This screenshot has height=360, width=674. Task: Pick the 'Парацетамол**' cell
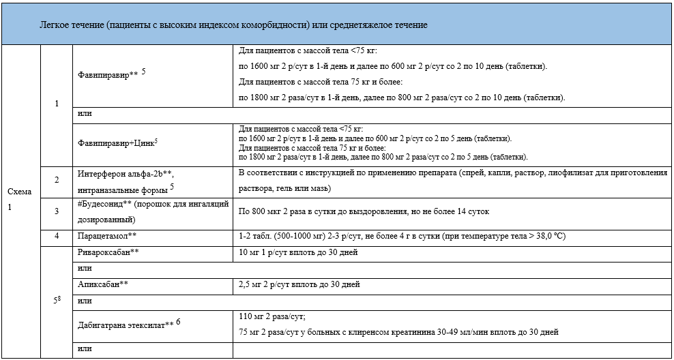(108, 236)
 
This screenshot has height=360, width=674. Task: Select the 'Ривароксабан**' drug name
(110, 252)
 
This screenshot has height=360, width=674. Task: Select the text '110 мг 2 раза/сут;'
(272, 317)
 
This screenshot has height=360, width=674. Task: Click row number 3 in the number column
(57, 211)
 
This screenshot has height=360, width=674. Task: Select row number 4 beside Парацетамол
(57, 236)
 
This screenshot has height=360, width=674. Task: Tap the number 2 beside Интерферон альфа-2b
(57, 180)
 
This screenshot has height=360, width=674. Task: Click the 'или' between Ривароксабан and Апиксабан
(85, 269)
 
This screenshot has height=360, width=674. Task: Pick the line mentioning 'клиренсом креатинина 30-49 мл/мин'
(398, 333)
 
